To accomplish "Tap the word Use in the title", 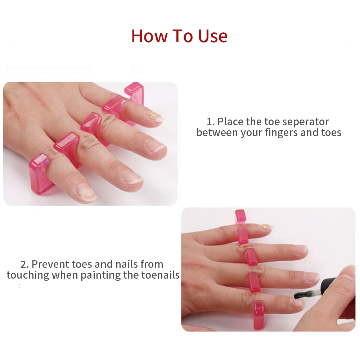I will click(212, 36).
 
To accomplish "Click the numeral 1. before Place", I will click(211, 121).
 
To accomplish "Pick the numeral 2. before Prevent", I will click(24, 264).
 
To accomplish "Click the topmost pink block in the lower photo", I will click(240, 215).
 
